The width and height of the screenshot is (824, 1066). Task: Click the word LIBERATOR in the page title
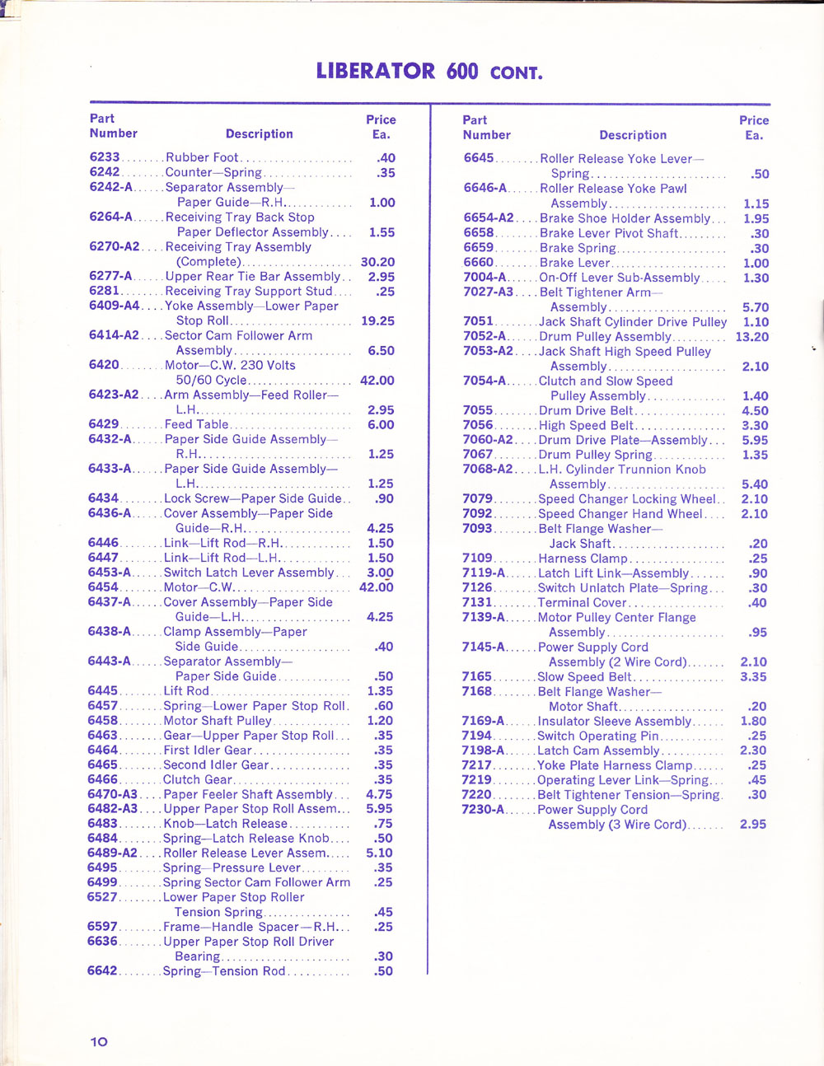click(375, 71)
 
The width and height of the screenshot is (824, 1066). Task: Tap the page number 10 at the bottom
click(99, 1041)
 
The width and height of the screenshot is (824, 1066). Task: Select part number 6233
click(105, 157)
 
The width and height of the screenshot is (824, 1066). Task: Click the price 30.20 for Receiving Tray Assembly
click(377, 262)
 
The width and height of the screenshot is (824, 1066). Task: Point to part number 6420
click(104, 365)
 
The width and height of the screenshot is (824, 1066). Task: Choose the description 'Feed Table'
click(197, 424)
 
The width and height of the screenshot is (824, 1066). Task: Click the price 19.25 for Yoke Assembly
click(377, 321)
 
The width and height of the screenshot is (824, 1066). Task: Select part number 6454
click(103, 587)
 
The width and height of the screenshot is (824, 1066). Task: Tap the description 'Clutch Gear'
click(198, 779)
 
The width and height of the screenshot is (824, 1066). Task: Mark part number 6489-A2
click(112, 853)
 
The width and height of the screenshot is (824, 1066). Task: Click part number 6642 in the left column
click(102, 971)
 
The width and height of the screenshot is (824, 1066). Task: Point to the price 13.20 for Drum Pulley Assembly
click(752, 337)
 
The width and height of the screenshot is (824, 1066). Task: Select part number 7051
click(478, 322)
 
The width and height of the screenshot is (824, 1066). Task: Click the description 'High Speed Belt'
click(586, 426)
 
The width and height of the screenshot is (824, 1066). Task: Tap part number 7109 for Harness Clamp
click(477, 559)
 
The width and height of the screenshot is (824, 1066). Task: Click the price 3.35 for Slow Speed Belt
click(753, 677)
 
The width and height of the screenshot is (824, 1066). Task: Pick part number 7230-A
click(483, 810)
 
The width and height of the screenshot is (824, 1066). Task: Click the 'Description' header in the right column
click(633, 135)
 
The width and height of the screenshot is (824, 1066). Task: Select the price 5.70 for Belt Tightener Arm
click(755, 307)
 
